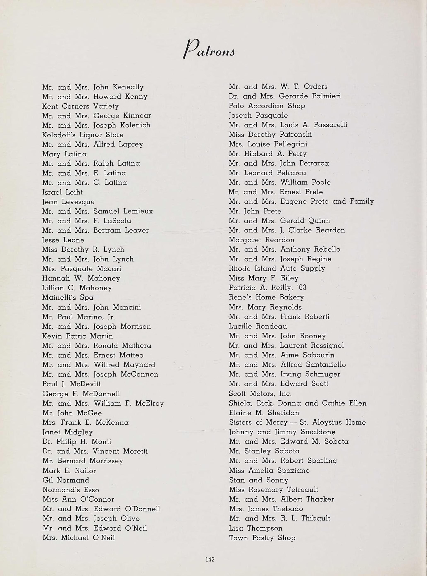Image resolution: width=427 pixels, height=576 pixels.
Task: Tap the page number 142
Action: [210, 559]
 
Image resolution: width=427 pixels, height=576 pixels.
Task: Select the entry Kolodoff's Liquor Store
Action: [83, 135]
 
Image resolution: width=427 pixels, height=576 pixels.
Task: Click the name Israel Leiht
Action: [62, 192]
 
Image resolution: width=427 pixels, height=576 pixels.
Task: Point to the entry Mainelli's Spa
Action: [68, 298]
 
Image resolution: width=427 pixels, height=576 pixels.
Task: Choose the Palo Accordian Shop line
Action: [267, 106]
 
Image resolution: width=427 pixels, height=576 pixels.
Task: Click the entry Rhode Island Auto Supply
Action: [277, 268]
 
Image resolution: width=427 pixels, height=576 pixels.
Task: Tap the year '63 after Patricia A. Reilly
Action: [301, 288]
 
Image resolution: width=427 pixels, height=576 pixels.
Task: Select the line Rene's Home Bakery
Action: [266, 297]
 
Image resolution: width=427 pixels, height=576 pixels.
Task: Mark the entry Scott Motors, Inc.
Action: [260, 394]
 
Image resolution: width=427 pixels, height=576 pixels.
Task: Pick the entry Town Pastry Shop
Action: [262, 538]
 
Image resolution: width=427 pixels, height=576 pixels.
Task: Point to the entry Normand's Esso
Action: [71, 490]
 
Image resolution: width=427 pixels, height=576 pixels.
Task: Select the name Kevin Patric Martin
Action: [77, 336]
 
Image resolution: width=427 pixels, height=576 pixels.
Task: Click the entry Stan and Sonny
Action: [258, 480]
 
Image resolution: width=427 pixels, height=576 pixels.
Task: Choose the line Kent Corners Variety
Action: [80, 106]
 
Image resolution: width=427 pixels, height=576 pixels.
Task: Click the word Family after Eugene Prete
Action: [362, 201]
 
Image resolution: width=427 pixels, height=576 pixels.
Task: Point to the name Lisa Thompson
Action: [255, 528]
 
